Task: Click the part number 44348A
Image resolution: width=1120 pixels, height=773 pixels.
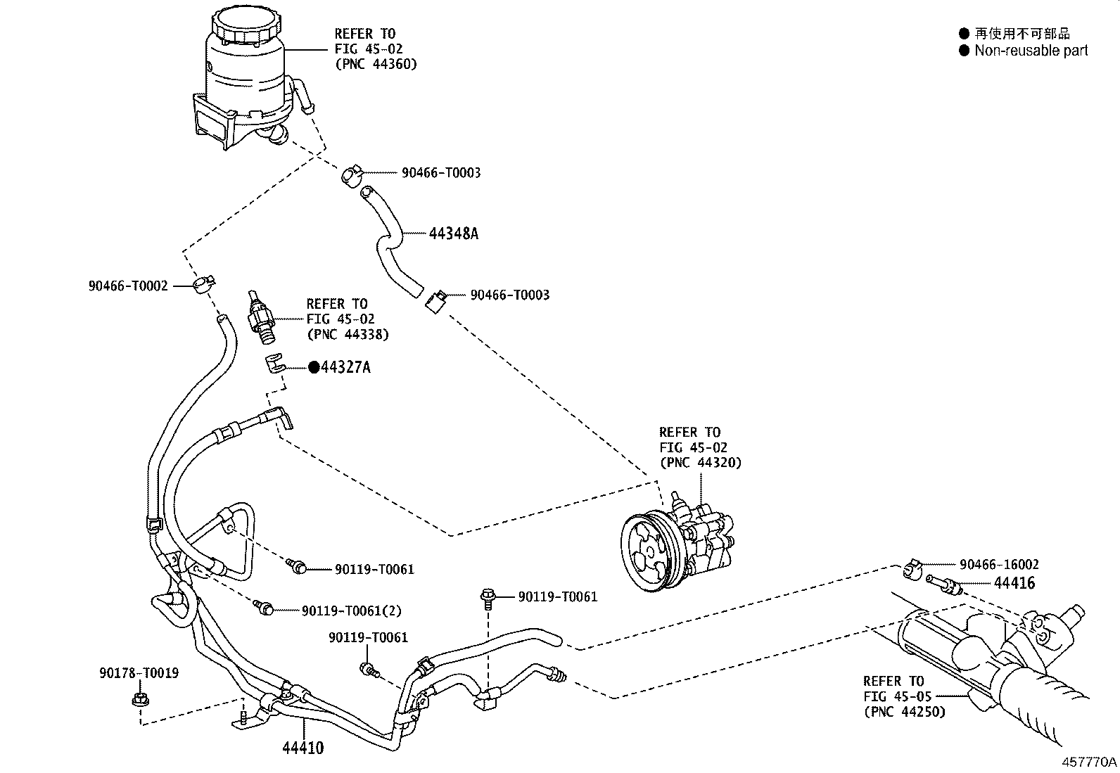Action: [453, 234]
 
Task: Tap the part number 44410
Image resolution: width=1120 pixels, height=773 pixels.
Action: [303, 748]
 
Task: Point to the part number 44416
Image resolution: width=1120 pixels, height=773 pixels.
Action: [1014, 583]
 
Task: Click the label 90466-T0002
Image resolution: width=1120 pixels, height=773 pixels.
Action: [128, 286]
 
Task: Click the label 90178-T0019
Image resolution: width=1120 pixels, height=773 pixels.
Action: [139, 673]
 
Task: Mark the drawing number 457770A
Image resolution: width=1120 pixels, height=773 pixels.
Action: [1089, 762]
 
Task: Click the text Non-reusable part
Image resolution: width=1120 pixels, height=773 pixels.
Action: [1031, 51]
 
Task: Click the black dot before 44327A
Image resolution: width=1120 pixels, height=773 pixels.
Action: [314, 367]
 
